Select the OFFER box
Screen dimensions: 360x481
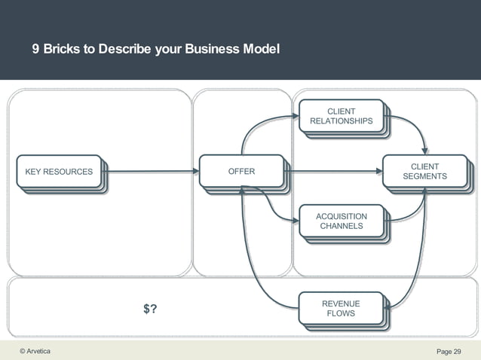click(241, 172)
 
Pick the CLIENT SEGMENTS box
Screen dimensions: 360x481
click(424, 172)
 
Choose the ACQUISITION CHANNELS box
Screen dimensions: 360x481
click(341, 221)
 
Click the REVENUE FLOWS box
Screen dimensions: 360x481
click(341, 309)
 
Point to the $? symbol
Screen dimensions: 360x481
click(150, 309)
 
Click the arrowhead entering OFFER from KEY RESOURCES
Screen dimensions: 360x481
click(195, 172)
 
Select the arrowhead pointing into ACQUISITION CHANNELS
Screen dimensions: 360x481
click(295, 221)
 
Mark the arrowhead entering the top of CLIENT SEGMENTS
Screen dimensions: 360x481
click(425, 150)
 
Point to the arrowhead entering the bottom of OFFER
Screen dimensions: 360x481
click(241, 190)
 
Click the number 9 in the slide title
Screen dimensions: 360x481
click(35, 50)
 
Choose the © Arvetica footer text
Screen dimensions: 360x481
click(35, 351)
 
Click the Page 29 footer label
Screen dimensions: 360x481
click(449, 352)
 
